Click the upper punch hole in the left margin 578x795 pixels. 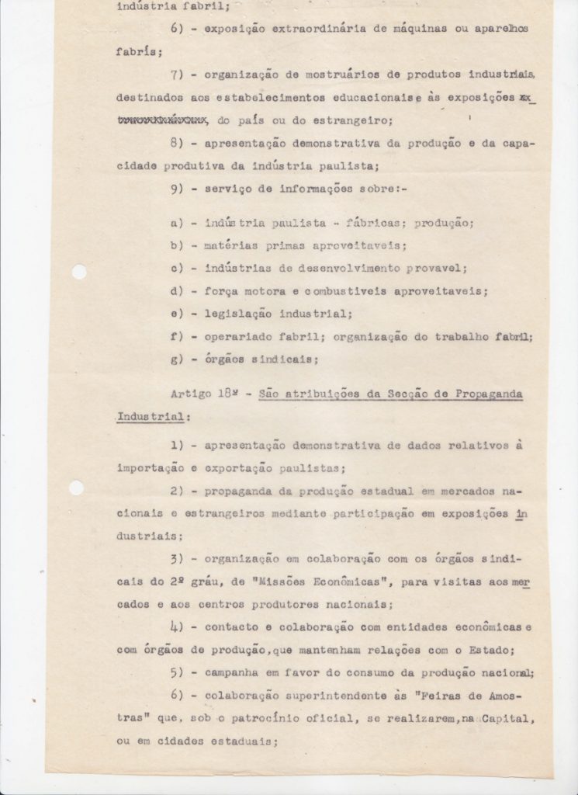point(79,273)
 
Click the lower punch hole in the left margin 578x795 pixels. point(77,488)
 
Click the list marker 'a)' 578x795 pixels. point(176,223)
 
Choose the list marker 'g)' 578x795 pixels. point(176,359)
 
